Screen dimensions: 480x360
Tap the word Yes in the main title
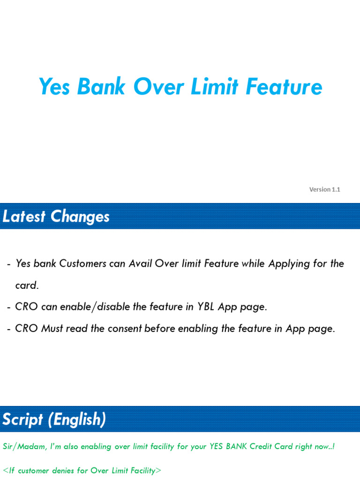[53, 87]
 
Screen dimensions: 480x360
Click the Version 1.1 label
[324, 189]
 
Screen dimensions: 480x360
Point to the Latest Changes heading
[56, 217]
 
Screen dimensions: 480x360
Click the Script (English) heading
[54, 419]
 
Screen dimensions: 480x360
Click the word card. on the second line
[27, 285]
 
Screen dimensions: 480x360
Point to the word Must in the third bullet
[52, 329]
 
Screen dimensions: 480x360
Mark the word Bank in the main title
[102, 87]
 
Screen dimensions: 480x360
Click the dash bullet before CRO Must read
[9, 329]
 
